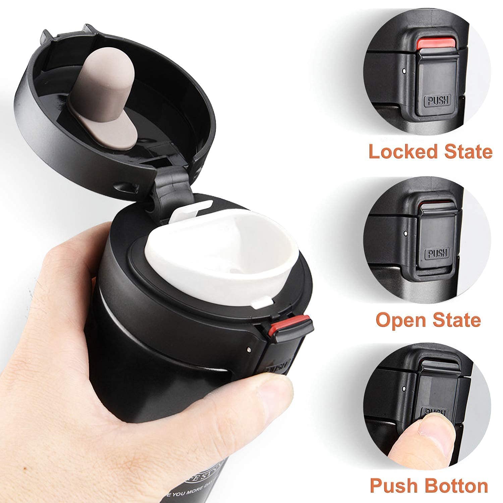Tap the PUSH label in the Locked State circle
[x=438, y=100]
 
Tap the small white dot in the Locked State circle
[x=404, y=71]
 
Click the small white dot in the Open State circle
[x=406, y=232]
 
